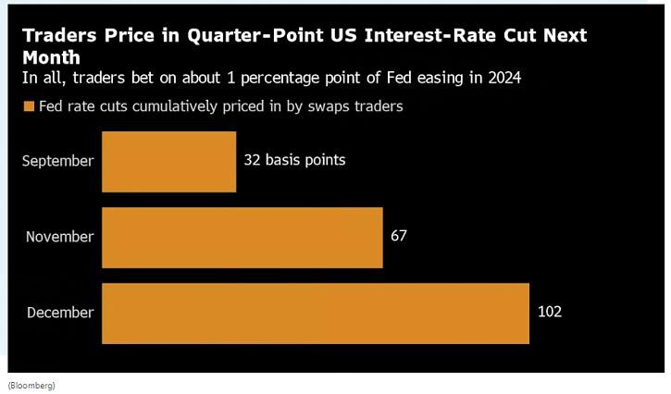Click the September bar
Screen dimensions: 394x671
168,161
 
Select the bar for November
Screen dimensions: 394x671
242,237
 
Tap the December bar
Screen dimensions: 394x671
315,313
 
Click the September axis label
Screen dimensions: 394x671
58,161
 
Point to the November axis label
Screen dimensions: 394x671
60,237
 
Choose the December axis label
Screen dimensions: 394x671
60,313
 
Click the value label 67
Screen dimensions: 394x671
399,236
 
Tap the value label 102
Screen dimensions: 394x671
549,312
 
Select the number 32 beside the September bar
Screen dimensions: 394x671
252,160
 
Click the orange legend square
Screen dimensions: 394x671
29,107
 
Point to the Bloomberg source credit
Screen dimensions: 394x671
31,385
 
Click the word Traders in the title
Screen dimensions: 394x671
59,37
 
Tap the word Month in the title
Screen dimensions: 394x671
51,57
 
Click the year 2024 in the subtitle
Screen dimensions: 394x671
503,78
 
